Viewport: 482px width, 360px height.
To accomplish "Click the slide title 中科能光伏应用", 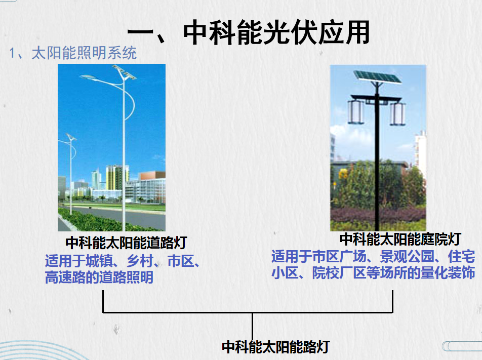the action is (276, 32).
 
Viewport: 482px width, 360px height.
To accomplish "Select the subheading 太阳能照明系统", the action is (84, 53).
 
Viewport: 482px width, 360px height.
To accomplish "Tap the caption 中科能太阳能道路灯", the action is (126, 243).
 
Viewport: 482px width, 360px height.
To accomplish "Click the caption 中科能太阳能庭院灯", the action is (400, 239).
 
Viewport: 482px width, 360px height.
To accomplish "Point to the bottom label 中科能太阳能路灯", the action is (276, 347).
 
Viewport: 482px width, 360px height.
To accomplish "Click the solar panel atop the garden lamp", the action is (377, 77).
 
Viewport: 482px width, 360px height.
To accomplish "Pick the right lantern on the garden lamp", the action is (397, 114).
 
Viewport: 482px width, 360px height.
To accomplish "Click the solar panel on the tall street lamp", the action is (124, 72).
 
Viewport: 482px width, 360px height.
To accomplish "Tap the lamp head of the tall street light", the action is (88, 76).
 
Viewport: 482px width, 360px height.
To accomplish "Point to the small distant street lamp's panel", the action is (70, 137).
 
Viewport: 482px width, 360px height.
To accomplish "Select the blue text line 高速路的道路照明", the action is (99, 277).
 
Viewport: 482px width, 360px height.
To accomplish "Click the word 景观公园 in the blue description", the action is (407, 257).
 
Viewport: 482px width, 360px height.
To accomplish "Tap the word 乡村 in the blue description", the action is (140, 261).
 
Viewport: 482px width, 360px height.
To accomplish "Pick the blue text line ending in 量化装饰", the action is (373, 273).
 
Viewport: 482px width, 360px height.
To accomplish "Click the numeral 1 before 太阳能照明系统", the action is (12, 53).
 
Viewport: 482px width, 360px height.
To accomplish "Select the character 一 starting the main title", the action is (140, 32).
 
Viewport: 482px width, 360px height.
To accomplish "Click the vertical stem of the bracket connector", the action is (252, 326).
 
